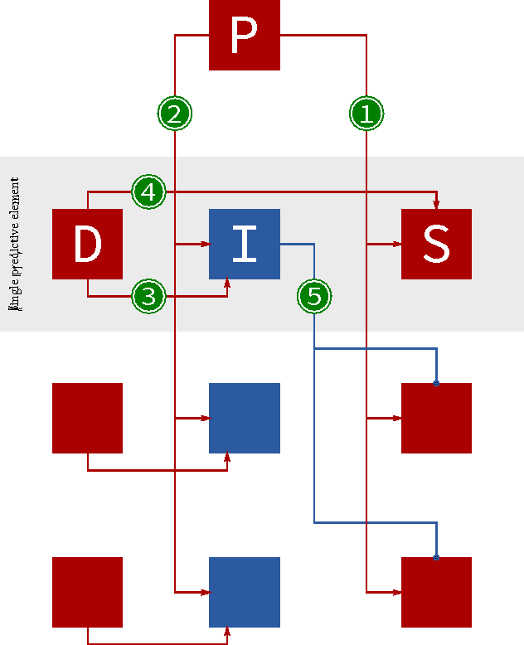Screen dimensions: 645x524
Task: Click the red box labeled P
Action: [x=244, y=35]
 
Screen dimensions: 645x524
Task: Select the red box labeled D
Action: [x=87, y=244]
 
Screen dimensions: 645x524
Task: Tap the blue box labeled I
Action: [x=244, y=244]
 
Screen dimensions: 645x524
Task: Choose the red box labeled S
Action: [x=436, y=244]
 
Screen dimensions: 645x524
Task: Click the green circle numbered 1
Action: [x=366, y=114]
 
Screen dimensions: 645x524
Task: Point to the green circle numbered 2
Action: [x=174, y=114]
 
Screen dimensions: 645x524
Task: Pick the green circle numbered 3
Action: [x=148, y=296]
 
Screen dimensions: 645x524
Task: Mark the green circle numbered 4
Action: [x=148, y=192]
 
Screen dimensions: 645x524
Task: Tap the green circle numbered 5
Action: [x=314, y=296]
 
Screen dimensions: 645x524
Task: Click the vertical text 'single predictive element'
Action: [x=14, y=244]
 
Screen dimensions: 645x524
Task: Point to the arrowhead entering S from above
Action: [x=436, y=205]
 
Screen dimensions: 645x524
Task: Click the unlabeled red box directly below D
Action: [x=87, y=418]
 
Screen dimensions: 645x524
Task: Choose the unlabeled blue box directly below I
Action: [x=244, y=418]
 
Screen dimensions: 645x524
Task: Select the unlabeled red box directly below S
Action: [x=436, y=418]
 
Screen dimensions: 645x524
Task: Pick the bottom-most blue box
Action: [x=244, y=592]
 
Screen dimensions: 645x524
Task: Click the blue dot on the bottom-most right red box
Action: [x=436, y=557]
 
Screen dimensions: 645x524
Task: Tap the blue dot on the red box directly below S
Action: [x=436, y=383]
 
